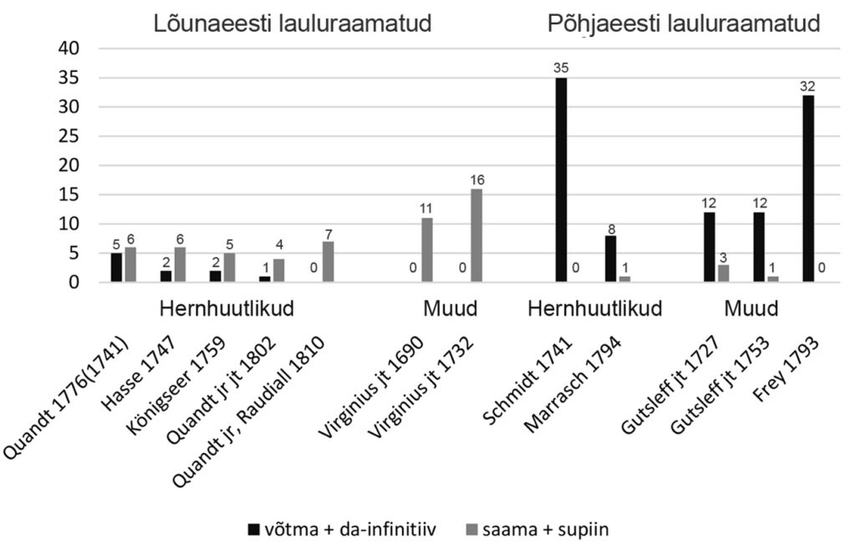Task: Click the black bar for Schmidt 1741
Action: (561, 180)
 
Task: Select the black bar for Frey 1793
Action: (808, 189)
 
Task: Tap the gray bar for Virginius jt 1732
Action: (476, 236)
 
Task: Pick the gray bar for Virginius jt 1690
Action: (426, 250)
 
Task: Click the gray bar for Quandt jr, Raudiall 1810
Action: (329, 262)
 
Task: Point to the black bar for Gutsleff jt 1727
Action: (710, 247)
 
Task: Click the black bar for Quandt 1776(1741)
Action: (116, 267)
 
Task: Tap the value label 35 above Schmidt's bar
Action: (561, 69)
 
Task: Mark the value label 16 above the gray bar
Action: (476, 180)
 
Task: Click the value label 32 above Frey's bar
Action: (808, 86)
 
